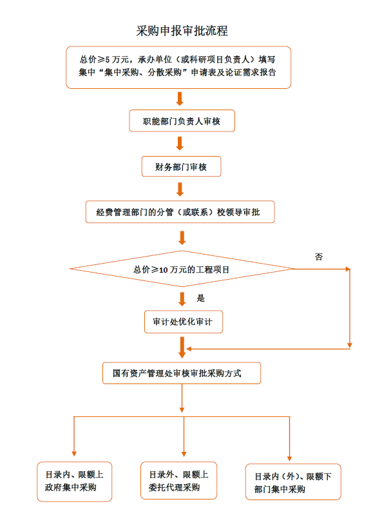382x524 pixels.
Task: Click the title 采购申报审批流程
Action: tap(182, 30)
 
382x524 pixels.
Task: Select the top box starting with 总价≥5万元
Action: tap(178, 67)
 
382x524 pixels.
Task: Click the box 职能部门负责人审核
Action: tap(181, 121)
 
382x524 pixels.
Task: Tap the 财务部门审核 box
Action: tap(181, 166)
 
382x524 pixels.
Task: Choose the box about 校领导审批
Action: tap(180, 212)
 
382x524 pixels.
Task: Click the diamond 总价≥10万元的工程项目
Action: tap(182, 269)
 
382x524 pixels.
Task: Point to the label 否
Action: tap(319, 257)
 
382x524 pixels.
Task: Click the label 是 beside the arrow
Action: tap(200, 298)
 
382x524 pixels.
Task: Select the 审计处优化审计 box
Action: tap(184, 322)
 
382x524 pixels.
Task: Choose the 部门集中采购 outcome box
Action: tap(293, 483)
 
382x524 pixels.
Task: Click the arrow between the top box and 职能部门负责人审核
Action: tap(180, 99)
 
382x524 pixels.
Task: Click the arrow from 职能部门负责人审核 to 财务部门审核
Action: tap(180, 143)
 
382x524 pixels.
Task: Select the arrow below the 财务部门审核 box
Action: tap(180, 189)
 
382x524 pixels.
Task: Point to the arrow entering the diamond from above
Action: tap(180, 238)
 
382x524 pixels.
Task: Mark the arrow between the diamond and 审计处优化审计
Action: tap(182, 299)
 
